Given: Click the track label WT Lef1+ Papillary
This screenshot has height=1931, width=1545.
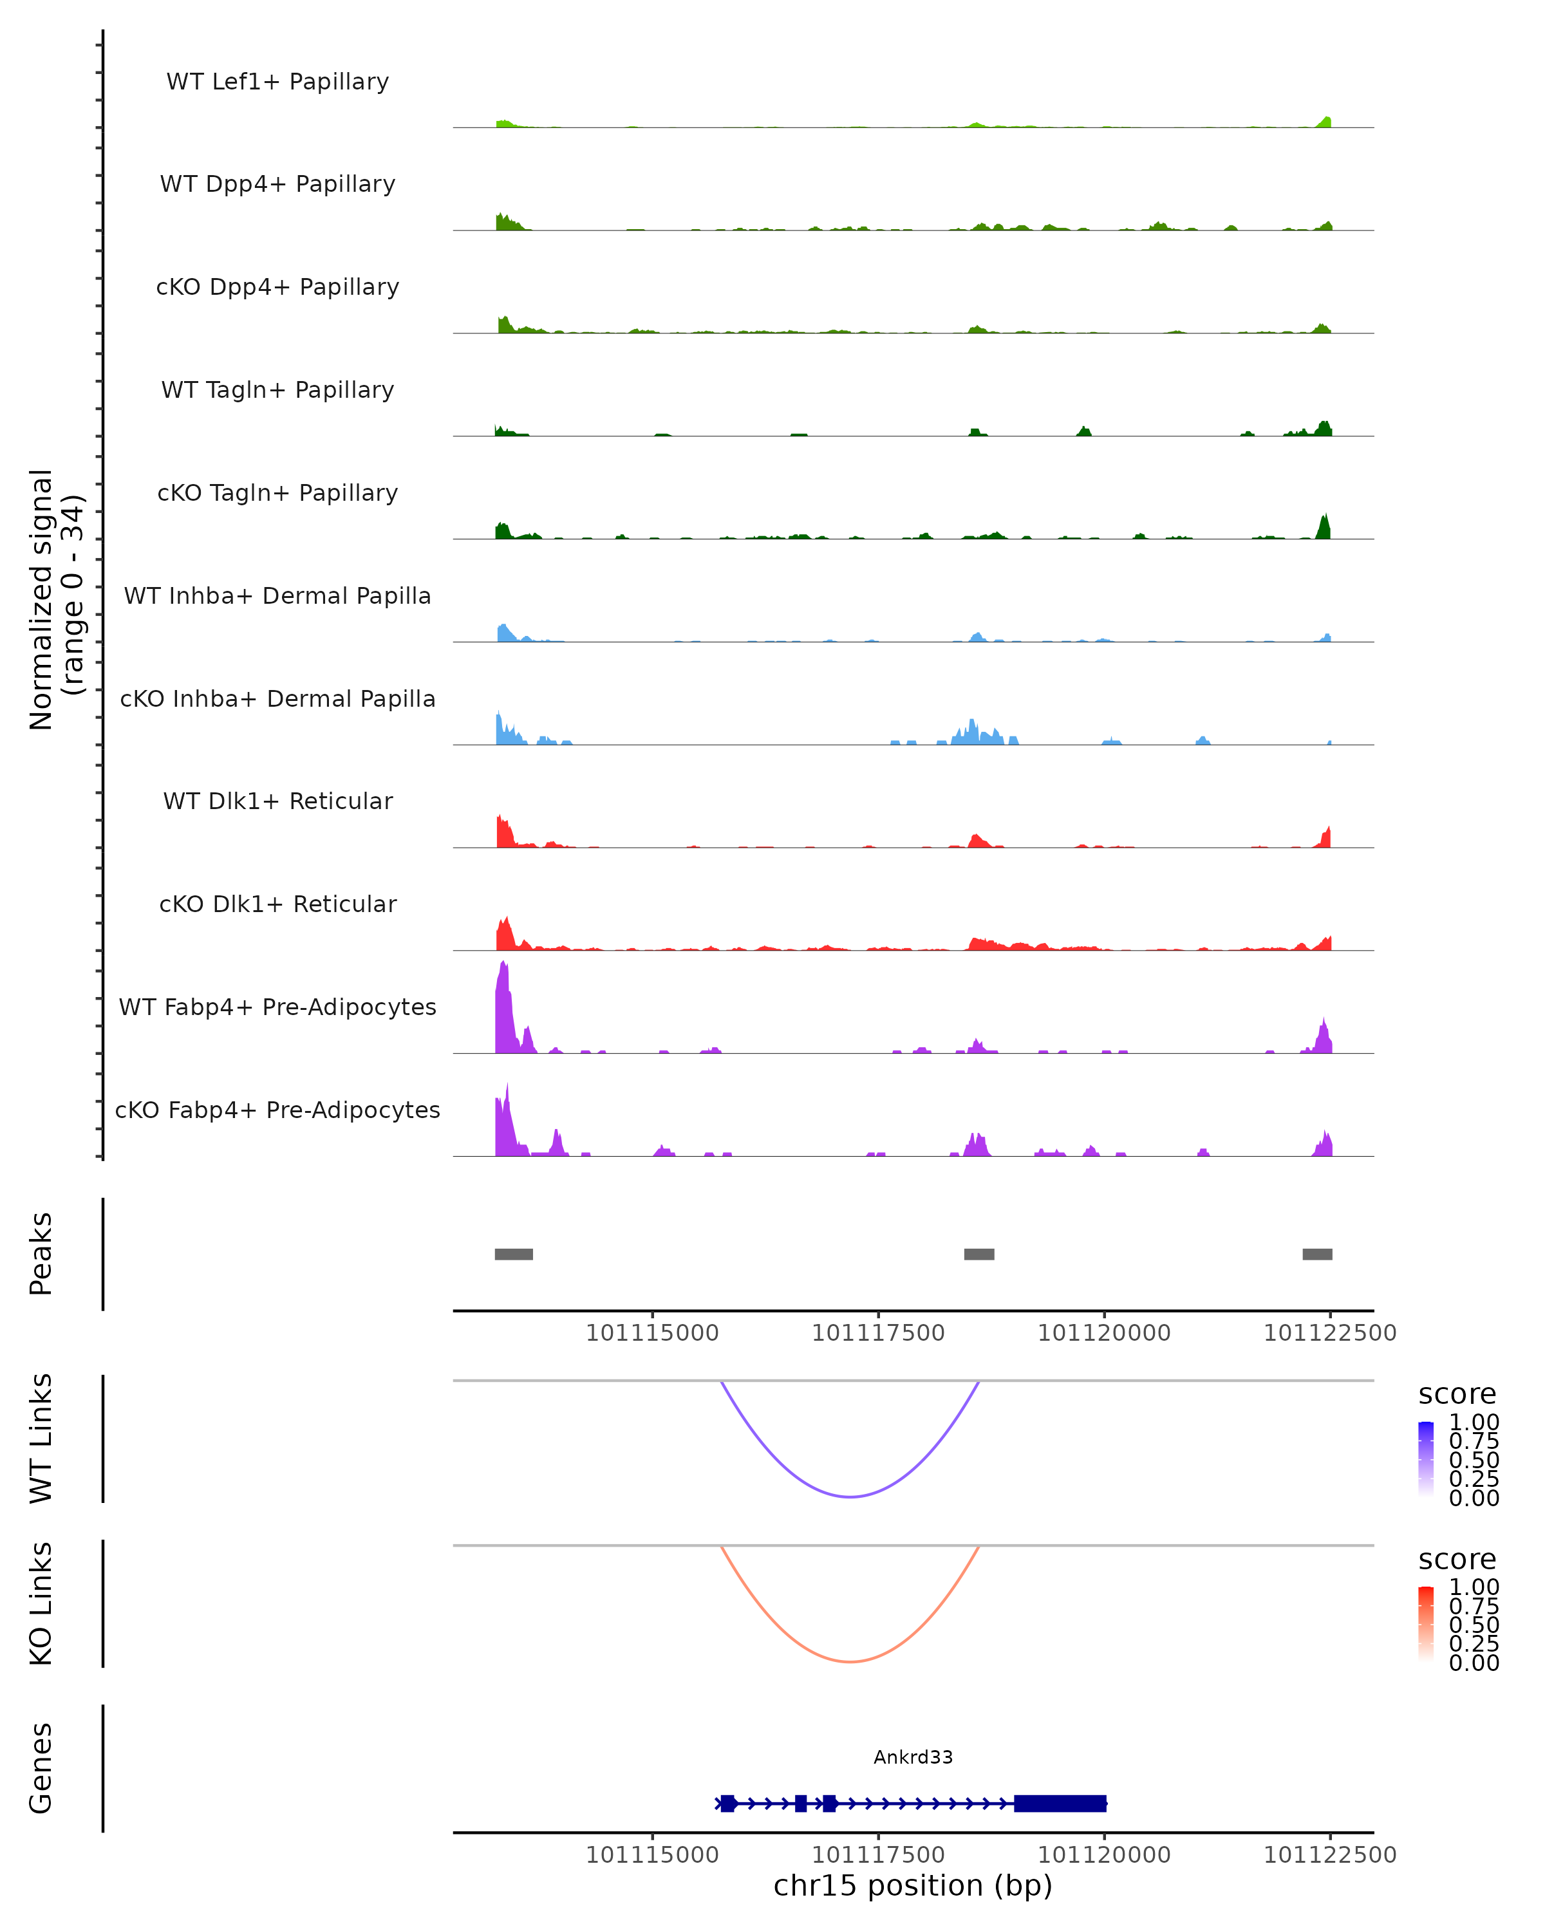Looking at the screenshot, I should (x=277, y=82).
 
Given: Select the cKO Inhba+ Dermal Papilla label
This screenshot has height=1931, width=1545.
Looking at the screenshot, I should (x=277, y=698).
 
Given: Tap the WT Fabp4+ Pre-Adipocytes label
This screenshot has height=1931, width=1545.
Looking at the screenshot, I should (x=277, y=1007).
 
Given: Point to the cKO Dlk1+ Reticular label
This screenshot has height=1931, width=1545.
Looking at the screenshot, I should (x=277, y=904).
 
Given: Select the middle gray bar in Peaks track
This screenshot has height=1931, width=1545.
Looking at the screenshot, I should (x=979, y=1254).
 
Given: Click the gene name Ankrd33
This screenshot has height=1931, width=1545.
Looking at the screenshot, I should (x=913, y=1757).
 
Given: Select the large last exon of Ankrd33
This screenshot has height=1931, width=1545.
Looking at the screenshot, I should (x=1060, y=1803).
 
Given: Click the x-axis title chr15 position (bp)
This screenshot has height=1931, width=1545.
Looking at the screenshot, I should (x=913, y=1885).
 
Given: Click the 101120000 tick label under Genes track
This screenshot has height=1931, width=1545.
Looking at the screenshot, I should (x=1103, y=1855).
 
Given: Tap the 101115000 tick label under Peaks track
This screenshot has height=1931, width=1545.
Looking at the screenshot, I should (x=652, y=1333).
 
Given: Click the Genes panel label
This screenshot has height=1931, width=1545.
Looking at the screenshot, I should (x=41, y=1768).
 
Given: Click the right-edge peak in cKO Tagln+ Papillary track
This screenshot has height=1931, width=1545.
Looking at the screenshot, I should (x=1324, y=527).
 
